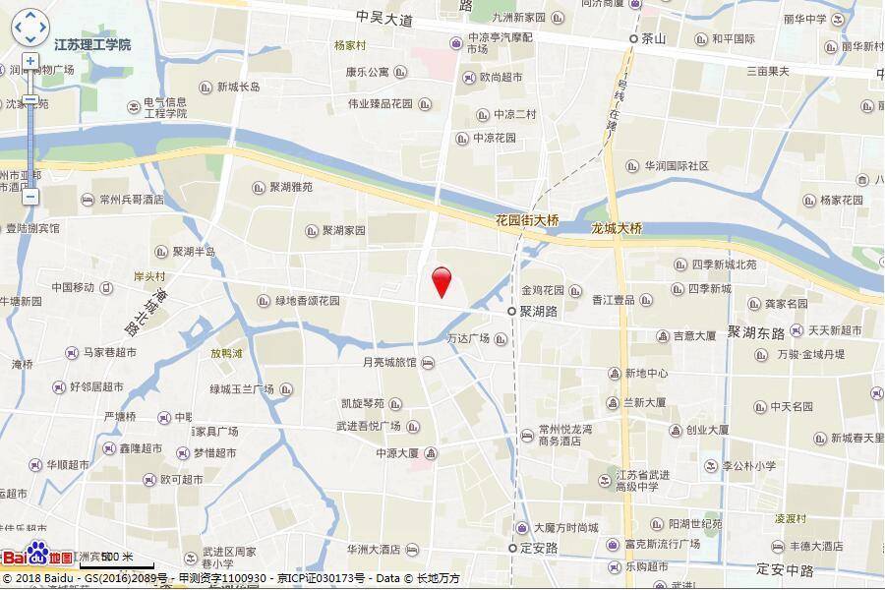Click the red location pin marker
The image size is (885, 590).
[442, 281]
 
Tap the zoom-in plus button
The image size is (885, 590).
[30, 61]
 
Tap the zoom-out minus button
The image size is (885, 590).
[30, 196]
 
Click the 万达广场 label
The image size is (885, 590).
[468, 338]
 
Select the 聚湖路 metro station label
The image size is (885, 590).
[538, 311]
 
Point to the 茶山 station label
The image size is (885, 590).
[653, 39]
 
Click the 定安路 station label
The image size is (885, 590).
[539, 548]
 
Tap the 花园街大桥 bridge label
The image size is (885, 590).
[527, 220]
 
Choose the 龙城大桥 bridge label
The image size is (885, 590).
[616, 228]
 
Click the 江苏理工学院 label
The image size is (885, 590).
[92, 45]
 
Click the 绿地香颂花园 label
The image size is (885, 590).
[308, 301]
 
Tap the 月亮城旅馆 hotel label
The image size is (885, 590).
[389, 363]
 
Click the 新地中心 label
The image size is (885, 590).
[646, 374]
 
